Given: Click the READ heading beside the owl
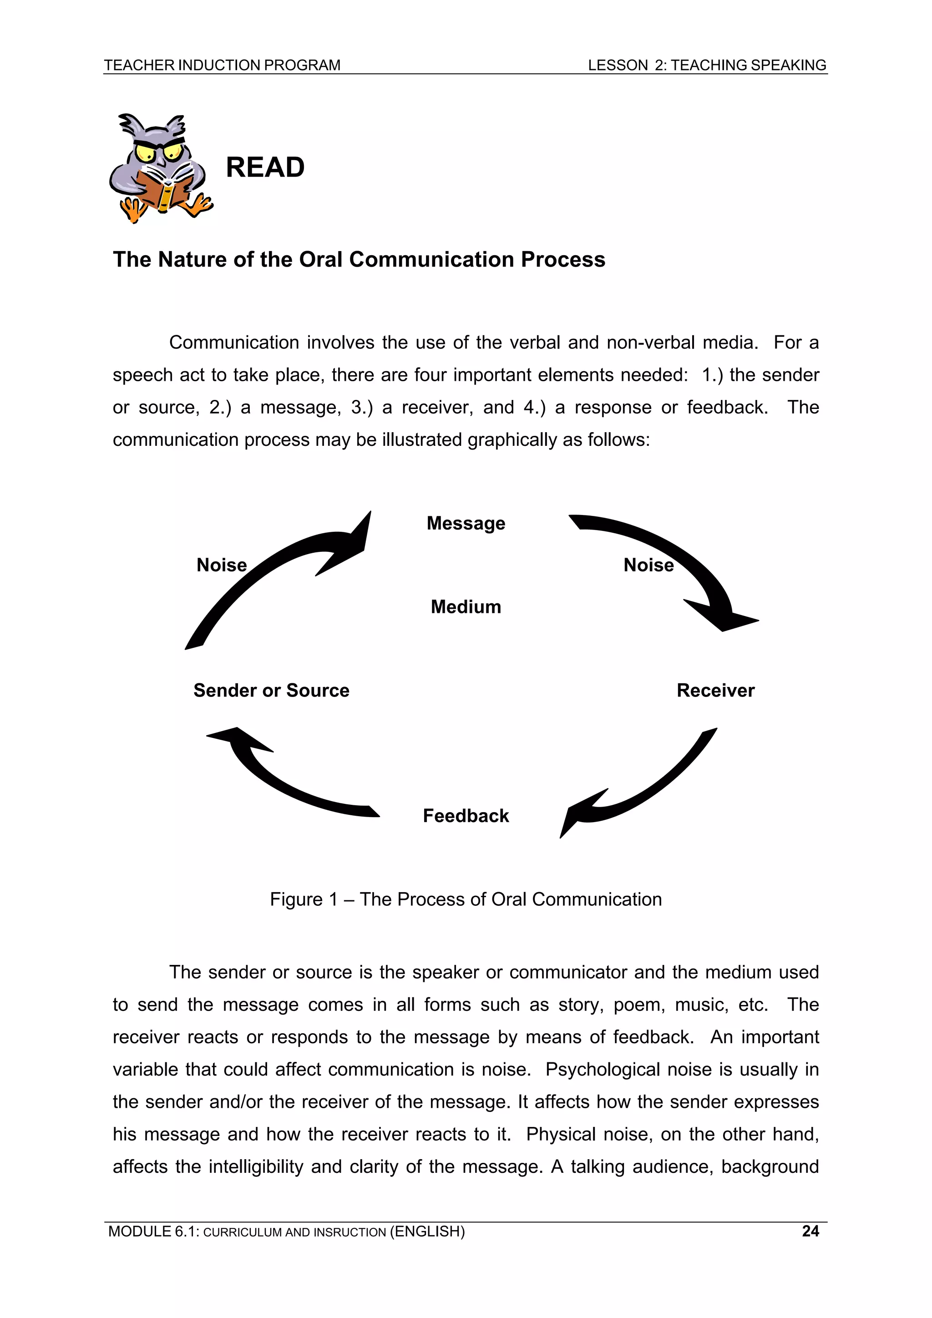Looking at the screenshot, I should [x=265, y=167].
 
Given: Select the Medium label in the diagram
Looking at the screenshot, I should [x=466, y=607].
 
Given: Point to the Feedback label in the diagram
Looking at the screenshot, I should [x=466, y=816].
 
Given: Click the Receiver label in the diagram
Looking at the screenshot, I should [x=715, y=690].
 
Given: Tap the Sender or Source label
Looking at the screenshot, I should [x=271, y=690].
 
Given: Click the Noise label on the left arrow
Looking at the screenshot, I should [x=222, y=565].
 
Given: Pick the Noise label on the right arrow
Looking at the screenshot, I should [x=648, y=565].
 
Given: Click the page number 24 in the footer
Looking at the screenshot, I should [x=810, y=1231].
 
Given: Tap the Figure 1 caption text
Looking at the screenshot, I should [x=466, y=899].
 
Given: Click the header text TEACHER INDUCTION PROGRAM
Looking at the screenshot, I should [x=222, y=65].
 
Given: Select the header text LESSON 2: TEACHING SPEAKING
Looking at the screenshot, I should [x=707, y=65].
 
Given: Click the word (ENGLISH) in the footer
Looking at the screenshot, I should [x=427, y=1231].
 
